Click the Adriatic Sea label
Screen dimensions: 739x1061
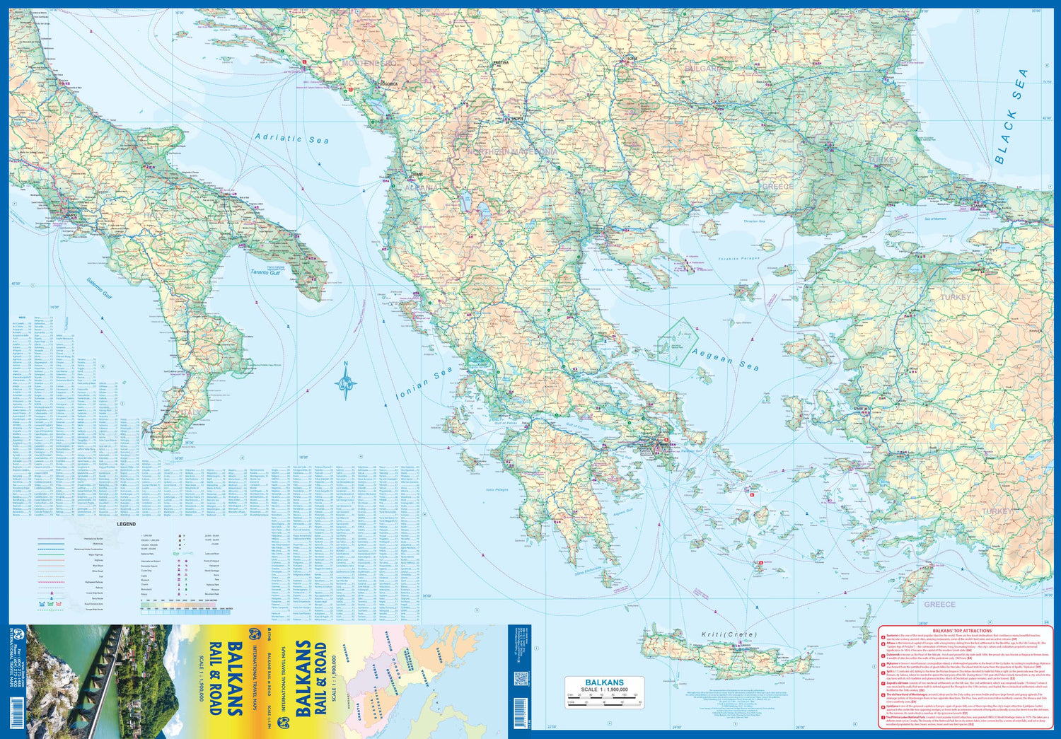(291, 139)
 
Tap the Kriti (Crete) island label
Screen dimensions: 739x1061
(729, 634)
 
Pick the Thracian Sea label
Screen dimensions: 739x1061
(754, 221)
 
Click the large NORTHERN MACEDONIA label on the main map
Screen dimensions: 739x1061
(511, 151)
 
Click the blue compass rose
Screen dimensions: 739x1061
(345, 383)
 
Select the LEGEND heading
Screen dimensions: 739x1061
(126, 524)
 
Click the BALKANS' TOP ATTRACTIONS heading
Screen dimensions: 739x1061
(962, 630)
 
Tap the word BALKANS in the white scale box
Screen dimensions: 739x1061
(604, 682)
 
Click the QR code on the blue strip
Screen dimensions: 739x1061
(521, 678)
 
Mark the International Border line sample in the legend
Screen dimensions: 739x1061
(53, 539)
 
